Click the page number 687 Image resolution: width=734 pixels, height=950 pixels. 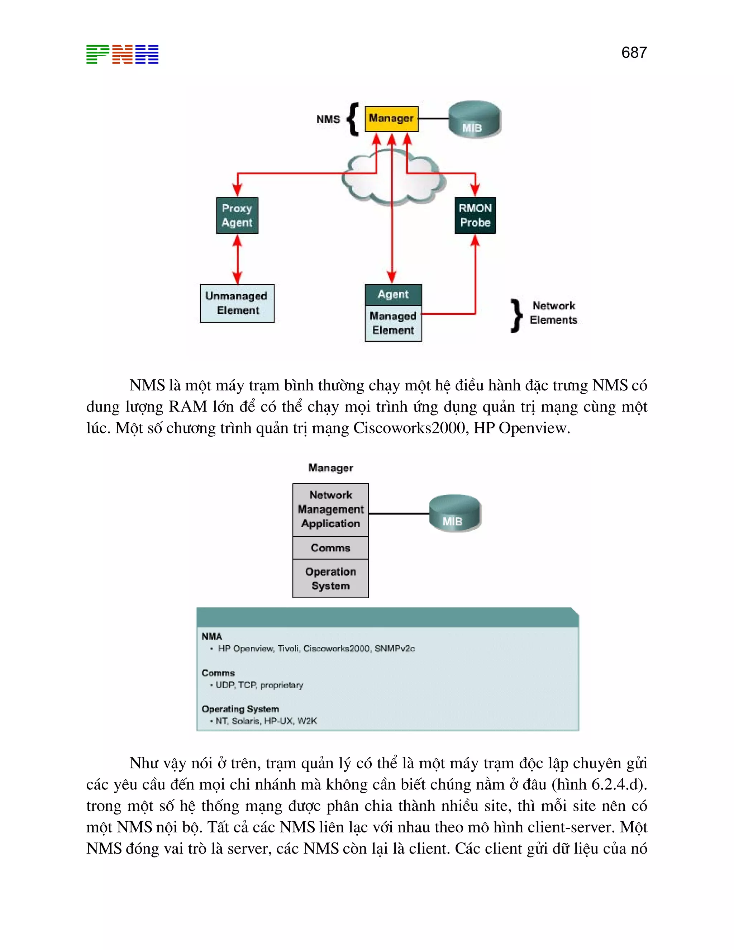pyautogui.click(x=634, y=53)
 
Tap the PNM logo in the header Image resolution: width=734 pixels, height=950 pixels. pyautogui.click(x=122, y=54)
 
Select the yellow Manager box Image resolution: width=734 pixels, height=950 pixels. pyautogui.click(x=391, y=119)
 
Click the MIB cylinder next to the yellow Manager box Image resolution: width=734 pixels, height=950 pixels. pyautogui.click(x=475, y=120)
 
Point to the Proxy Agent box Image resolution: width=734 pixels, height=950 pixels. pyautogui.click(x=237, y=215)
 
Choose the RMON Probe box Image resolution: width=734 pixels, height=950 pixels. pyautogui.click(x=475, y=215)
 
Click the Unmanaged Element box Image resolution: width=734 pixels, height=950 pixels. pyautogui.click(x=237, y=303)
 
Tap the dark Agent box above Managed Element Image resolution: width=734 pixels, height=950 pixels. pyautogui.click(x=393, y=294)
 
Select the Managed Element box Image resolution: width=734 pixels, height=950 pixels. pyautogui.click(x=393, y=323)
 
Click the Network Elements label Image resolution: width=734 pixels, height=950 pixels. pyautogui.click(x=553, y=313)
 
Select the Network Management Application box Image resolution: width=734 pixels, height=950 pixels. pyautogui.click(x=330, y=509)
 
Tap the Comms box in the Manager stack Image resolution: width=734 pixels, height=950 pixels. pyautogui.click(x=330, y=548)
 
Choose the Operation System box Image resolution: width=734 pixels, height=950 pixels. pyautogui.click(x=330, y=579)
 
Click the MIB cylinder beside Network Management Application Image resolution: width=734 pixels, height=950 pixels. pyautogui.click(x=454, y=513)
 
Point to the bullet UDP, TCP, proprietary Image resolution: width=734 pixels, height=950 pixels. pyautogui.click(x=259, y=685)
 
